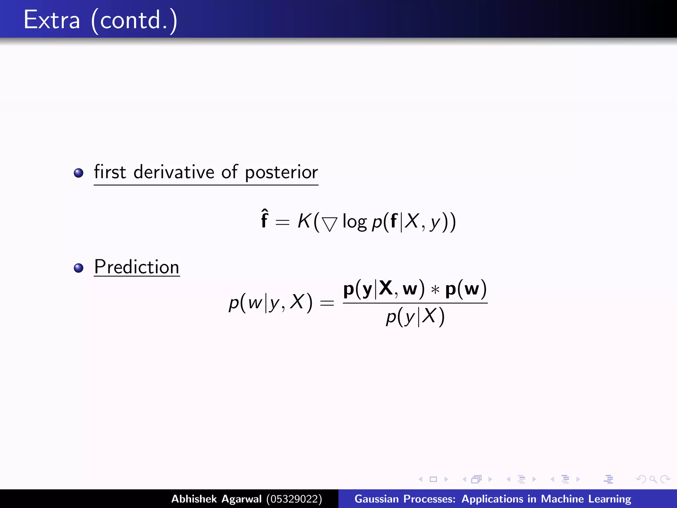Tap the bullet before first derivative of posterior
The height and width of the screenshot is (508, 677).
click(x=79, y=173)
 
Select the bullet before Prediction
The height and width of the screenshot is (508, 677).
click(x=79, y=268)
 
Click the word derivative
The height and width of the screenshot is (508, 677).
click(x=174, y=172)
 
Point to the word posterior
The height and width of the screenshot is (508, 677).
click(x=281, y=173)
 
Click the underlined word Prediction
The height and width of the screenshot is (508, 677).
click(x=137, y=267)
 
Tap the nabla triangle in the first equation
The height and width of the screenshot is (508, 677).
click(x=330, y=224)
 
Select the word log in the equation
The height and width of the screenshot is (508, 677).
click(x=354, y=222)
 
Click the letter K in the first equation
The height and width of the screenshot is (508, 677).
click(x=304, y=221)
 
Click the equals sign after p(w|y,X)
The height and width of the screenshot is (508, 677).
click(x=327, y=303)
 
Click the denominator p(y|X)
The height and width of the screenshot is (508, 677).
click(x=415, y=317)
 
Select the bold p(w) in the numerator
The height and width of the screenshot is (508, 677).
click(x=466, y=289)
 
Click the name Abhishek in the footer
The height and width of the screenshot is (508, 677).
click(x=194, y=499)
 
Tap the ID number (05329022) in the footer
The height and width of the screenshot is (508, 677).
click(x=294, y=499)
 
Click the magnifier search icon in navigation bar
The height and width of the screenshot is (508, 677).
click(x=653, y=479)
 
